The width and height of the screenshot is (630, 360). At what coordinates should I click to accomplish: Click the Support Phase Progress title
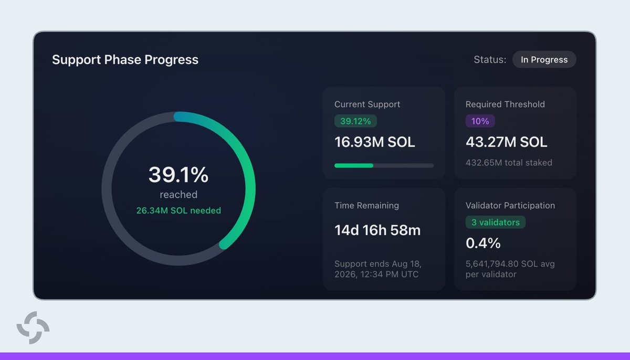125,60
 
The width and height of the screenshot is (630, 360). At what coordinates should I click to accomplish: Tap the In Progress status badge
544,59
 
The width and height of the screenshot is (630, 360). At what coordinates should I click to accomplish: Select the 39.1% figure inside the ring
178,175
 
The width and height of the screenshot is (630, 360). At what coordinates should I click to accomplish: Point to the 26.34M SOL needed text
178,210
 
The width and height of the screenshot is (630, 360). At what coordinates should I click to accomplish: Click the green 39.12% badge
355,121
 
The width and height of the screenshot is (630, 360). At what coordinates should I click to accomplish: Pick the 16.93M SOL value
374,142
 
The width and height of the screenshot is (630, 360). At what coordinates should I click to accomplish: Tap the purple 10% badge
480,121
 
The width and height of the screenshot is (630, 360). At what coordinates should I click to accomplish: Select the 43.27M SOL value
506,142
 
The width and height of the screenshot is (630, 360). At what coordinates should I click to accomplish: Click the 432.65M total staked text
509,163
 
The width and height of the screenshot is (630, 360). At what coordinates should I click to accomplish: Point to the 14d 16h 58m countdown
377,230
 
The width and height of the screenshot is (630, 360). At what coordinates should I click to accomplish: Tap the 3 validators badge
495,223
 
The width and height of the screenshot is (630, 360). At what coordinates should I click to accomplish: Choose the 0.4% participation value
483,243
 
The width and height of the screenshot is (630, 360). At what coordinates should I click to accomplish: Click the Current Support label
367,104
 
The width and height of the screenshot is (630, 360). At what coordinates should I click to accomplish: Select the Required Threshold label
505,104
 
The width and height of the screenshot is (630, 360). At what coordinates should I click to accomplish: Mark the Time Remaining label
366,205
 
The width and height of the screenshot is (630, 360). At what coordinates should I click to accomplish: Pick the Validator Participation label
510,205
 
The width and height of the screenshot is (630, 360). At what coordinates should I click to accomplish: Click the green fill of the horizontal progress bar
354,165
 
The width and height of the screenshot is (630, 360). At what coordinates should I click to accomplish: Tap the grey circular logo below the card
33,327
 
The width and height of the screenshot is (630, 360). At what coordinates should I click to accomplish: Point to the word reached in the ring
178,195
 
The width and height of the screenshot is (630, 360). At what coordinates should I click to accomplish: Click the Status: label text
490,60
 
